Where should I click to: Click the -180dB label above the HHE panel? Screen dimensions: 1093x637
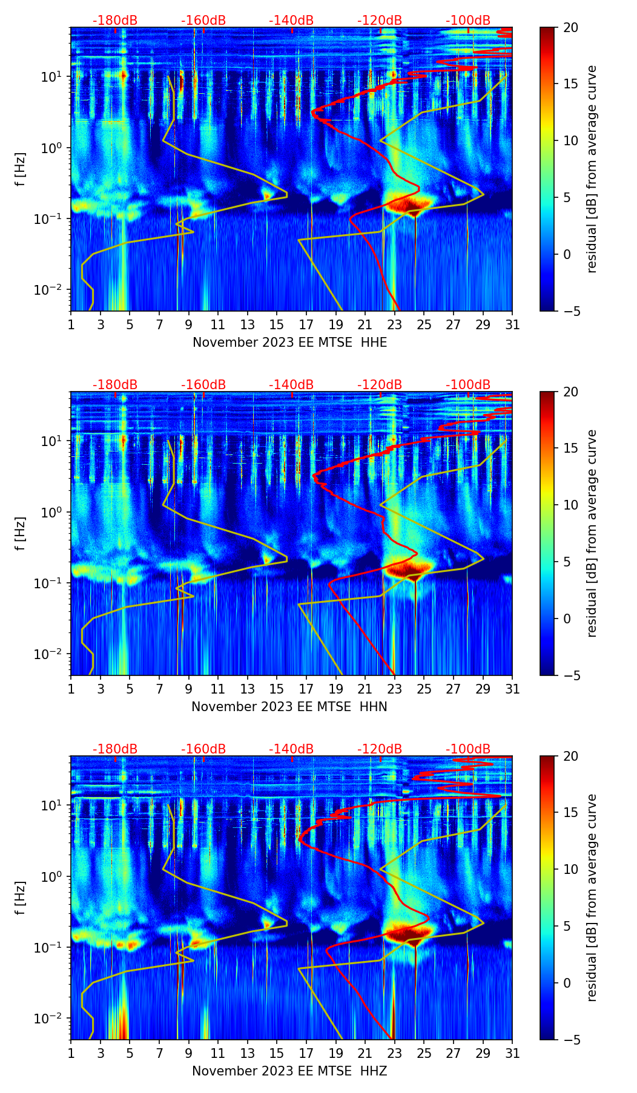115,21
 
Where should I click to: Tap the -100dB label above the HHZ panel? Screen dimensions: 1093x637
468,749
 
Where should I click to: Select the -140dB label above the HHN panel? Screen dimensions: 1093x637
291,385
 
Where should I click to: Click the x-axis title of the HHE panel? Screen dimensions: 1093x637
289,343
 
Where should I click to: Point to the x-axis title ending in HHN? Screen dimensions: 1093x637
289,707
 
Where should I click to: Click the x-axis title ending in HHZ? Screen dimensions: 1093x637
289,1071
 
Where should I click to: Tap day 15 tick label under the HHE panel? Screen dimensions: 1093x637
276,325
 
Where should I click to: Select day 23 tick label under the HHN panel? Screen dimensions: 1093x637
394,689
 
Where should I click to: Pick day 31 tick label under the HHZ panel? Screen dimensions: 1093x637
512,1054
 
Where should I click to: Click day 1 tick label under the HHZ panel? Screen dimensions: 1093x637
71,1054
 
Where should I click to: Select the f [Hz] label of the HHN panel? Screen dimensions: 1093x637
21,533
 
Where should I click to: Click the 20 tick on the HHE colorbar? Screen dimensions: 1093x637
570,28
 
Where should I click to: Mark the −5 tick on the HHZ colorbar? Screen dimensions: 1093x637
570,1040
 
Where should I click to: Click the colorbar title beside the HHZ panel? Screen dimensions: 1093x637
592,898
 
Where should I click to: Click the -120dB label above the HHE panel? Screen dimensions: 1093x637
380,21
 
